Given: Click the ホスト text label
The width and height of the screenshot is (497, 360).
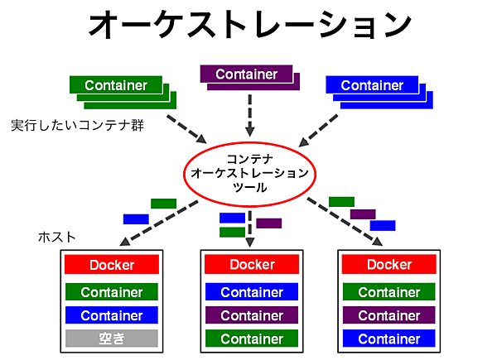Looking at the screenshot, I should pos(57,237).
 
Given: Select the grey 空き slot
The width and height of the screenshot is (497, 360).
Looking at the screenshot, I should pos(112,338).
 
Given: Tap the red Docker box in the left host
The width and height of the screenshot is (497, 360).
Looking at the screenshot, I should pos(112,266).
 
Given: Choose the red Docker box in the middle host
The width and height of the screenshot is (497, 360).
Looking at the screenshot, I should pos(252,265).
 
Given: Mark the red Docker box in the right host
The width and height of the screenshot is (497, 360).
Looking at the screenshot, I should pos(389,265).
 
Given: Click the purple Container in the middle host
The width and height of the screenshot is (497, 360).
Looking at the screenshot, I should pos(252,315).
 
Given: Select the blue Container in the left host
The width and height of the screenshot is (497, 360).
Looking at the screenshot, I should pos(112,315).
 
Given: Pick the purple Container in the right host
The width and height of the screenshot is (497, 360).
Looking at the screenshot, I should pos(389,315).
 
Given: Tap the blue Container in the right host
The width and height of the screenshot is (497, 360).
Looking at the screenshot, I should pos(389,338).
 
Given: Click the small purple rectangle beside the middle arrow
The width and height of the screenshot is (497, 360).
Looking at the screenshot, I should pos(269,223).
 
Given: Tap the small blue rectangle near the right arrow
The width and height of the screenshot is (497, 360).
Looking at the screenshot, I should pos(383,225).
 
